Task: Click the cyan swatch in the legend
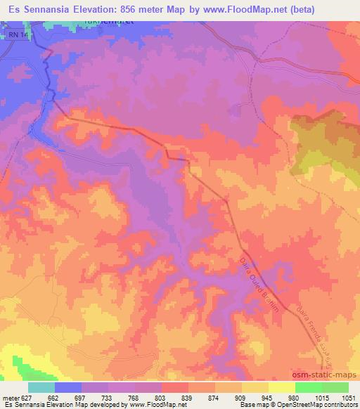(41, 387)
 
